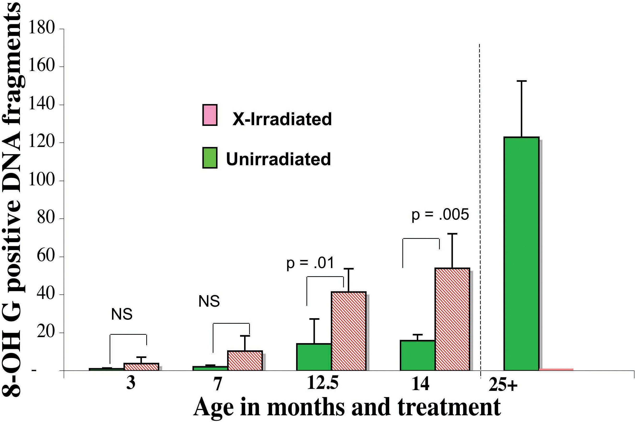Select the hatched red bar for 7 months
(245, 361)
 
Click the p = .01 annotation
(310, 263)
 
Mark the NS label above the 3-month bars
(122, 314)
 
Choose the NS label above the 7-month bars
(209, 301)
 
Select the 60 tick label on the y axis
(46, 256)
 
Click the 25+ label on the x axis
(503, 385)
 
